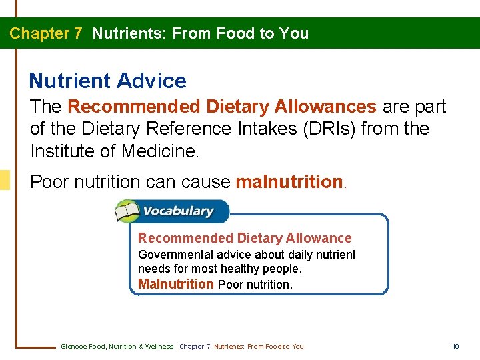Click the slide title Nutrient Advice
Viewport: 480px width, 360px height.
click(x=107, y=81)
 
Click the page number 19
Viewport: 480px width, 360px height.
click(x=456, y=346)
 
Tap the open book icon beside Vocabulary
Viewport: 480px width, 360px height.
click(x=127, y=212)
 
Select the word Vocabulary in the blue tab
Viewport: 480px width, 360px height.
click(x=178, y=211)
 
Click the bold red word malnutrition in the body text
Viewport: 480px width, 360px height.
click(x=289, y=182)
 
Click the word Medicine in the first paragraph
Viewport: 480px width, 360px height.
click(x=159, y=151)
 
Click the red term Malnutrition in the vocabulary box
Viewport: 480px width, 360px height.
click(x=175, y=284)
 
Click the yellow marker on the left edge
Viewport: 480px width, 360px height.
click(x=5, y=180)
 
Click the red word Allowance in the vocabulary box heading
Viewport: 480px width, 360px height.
click(x=319, y=238)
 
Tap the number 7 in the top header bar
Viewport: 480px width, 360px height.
click(x=78, y=33)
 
